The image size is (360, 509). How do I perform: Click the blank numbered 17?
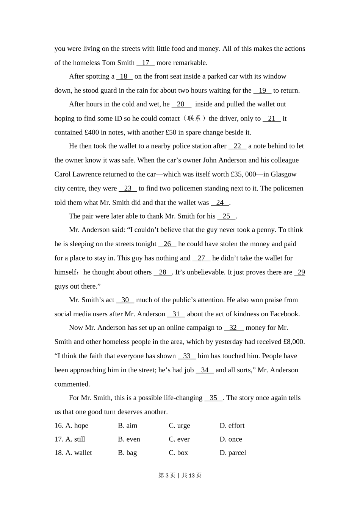click(146, 63)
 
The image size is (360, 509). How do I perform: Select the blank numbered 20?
click(181, 104)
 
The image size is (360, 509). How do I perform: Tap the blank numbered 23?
click(128, 189)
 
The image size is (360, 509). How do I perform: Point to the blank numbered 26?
click(167, 244)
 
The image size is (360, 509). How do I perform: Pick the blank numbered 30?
click(125, 300)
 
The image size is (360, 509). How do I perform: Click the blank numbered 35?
click(213, 398)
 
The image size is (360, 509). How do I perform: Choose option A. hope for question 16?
click(77, 426)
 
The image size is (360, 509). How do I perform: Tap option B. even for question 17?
click(129, 439)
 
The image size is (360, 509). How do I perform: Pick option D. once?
click(231, 439)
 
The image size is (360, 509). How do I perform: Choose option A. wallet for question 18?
click(78, 453)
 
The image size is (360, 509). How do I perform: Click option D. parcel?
click(233, 453)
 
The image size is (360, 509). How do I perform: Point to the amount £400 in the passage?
click(92, 133)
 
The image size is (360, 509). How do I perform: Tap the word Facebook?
click(285, 314)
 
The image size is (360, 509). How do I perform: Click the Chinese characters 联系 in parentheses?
click(194, 119)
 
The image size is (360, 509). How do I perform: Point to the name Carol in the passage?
click(63, 175)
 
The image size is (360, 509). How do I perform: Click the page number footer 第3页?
click(167, 475)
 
